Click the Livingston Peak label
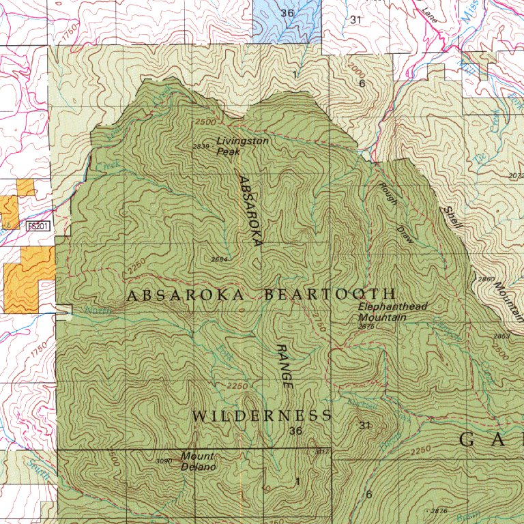tap(242, 146)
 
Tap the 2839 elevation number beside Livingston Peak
tap(201, 147)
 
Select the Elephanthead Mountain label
tap(392, 312)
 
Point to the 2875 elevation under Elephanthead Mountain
tap(366, 327)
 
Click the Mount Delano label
tap(198, 461)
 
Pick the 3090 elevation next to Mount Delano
tap(164, 461)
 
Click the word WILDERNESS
tap(262, 416)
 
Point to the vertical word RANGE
tap(285, 366)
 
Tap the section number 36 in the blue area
tap(287, 13)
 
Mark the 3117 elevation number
tap(322, 452)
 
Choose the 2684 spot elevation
tap(219, 259)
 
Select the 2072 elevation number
tap(516, 176)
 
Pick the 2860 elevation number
tap(486, 280)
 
